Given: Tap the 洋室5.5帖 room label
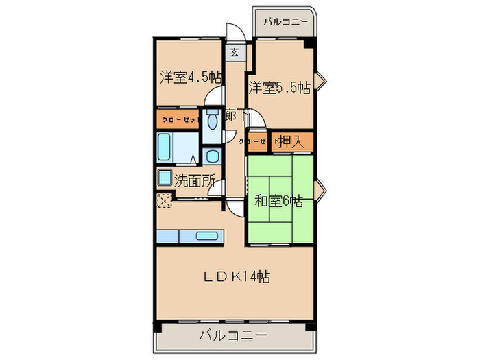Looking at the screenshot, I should pos(278,88).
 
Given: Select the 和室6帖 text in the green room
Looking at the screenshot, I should pos(278,201).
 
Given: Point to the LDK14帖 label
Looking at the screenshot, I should pos(235,276).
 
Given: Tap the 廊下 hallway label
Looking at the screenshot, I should pos(232,115).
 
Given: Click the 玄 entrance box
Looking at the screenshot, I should pos(234,52).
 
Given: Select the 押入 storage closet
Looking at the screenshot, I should pos(291,142).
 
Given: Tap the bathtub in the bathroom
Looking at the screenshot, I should pos(165,146).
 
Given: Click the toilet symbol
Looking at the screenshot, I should pos(211,121).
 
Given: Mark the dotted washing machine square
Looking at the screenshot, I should pos(164,201).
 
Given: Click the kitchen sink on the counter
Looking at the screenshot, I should pos(206,236).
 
